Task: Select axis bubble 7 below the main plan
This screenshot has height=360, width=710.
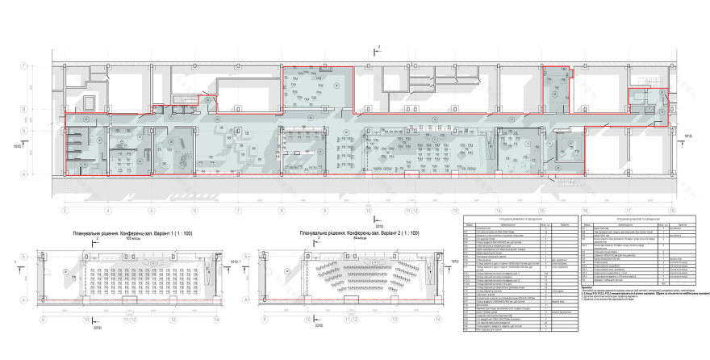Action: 238,211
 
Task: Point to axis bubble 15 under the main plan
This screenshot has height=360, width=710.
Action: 541,211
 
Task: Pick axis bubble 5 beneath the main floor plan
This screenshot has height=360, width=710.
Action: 151,211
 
